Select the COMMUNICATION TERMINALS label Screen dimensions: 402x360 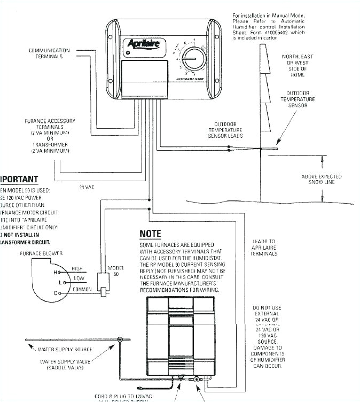pos(46,53)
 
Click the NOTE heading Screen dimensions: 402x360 pos(150,234)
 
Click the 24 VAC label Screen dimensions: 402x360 pos(87,187)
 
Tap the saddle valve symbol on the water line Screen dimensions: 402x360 pos(120,339)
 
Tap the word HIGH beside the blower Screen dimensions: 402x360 pos(77,268)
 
